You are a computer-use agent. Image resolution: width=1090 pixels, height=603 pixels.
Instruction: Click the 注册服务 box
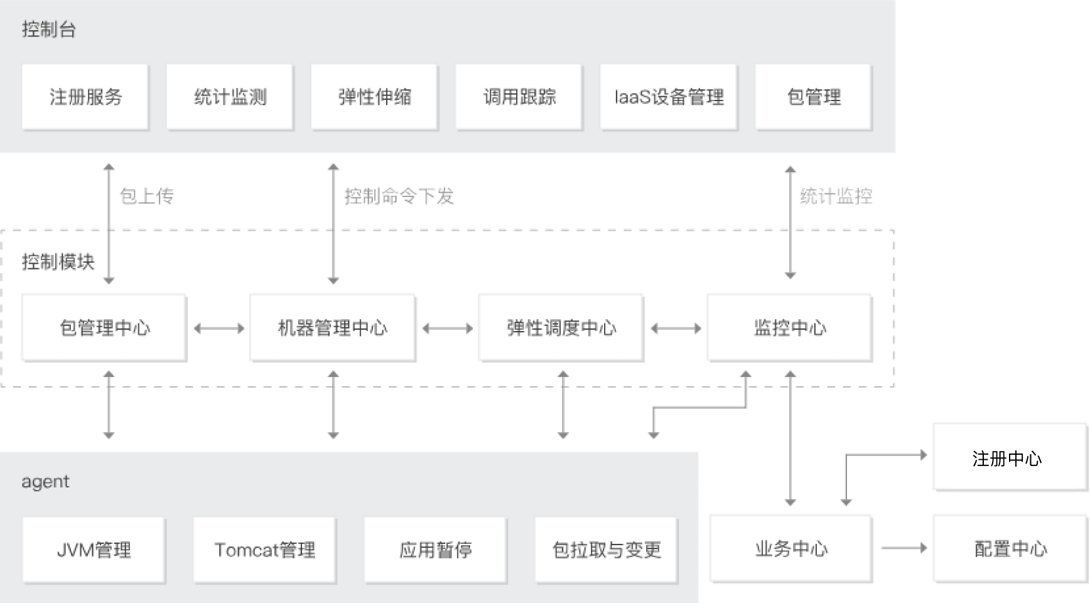85,97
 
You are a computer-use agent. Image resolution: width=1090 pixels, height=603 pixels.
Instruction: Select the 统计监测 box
230,97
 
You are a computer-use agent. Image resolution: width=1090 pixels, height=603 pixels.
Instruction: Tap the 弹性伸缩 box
374,97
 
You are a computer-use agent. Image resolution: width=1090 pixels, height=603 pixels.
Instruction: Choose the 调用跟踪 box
519,97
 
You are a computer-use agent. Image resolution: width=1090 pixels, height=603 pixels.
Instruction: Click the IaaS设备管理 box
669,97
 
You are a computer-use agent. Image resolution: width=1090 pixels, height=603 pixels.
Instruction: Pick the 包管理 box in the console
814,97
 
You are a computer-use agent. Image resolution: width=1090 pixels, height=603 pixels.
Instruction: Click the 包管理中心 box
104,327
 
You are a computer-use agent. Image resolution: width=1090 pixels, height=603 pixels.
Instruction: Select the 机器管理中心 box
332,327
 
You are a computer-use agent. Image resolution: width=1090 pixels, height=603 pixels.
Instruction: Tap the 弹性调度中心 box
561,327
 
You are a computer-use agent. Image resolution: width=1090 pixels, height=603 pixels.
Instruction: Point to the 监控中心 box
789,327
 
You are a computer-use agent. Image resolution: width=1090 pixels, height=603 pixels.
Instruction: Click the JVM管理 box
94,550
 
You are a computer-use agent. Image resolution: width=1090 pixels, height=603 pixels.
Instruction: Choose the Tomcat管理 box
264,550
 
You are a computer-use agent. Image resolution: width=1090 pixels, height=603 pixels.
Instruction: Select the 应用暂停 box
435,550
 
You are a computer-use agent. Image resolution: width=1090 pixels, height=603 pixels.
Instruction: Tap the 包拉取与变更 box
606,550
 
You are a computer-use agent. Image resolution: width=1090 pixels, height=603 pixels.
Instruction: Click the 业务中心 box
791,548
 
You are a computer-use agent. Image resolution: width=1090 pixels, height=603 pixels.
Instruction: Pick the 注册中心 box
1010,457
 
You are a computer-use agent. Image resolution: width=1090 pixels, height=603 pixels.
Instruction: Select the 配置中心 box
1010,548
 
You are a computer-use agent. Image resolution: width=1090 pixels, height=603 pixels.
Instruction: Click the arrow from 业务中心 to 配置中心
904,548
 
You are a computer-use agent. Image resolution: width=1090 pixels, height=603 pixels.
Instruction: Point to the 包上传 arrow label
147,197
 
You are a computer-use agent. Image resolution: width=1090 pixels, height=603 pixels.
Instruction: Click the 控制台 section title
48,30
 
